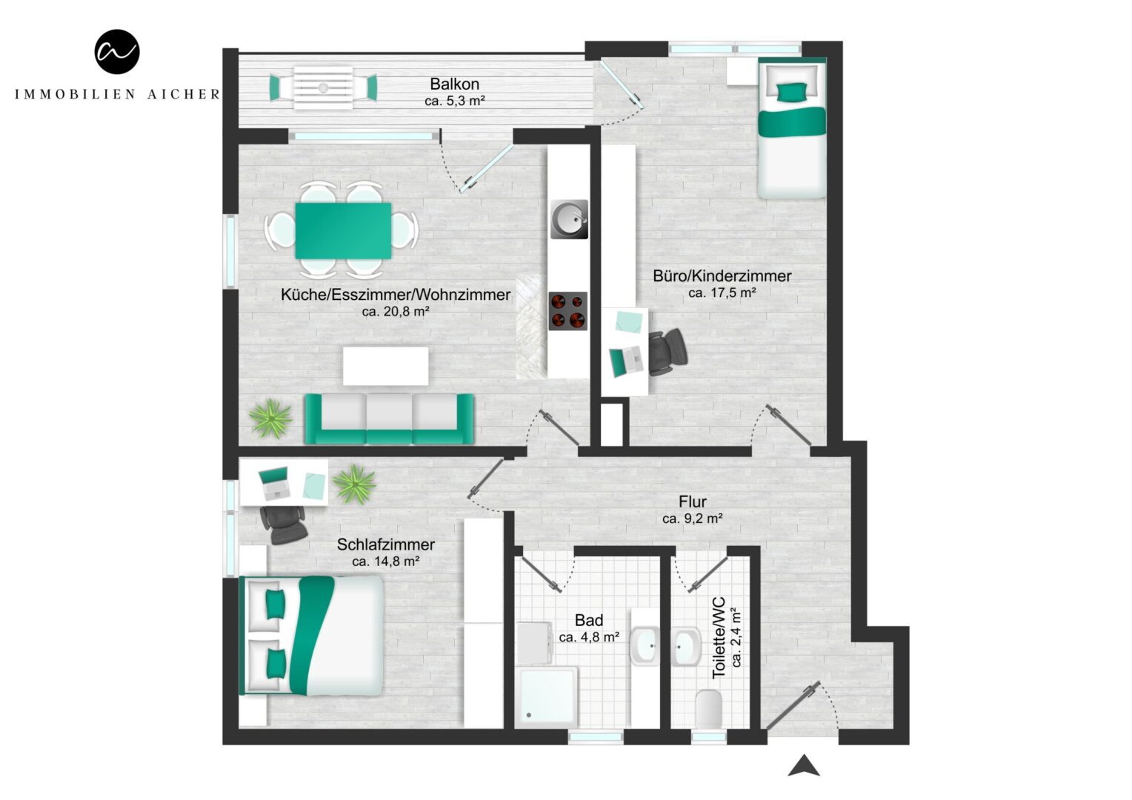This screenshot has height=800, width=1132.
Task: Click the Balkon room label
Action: tap(454, 84)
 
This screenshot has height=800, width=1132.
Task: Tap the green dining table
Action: tap(343, 230)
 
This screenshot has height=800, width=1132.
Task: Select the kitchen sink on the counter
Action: tap(569, 219)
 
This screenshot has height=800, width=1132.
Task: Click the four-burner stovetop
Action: tap(568, 311)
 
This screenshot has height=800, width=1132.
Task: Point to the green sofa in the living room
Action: tap(389, 419)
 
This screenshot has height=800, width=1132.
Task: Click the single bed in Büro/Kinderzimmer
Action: tap(791, 128)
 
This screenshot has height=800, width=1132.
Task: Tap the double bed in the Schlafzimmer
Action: tap(311, 636)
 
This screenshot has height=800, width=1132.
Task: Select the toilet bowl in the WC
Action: tap(708, 709)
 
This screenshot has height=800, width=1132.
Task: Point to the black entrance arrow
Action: tap(804, 766)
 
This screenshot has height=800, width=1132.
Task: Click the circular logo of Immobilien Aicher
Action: tap(117, 52)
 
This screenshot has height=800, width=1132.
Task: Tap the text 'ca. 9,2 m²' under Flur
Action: tap(693, 519)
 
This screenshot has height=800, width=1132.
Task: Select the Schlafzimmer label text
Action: tap(385, 544)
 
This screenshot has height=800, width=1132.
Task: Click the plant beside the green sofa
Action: tap(271, 419)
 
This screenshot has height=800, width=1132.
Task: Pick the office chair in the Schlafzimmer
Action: tap(283, 525)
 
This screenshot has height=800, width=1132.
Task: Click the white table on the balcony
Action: tap(323, 88)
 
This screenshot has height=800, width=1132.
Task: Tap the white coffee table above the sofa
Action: tap(385, 366)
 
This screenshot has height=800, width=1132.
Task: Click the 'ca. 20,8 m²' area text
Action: tap(395, 311)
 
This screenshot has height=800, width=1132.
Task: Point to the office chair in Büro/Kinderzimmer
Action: tap(667, 352)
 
